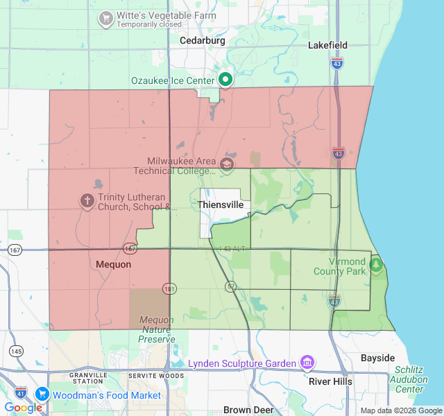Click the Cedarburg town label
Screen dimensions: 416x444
(x=203, y=41)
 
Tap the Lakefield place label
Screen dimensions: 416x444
(x=327, y=45)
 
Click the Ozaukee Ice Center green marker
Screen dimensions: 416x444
(x=225, y=80)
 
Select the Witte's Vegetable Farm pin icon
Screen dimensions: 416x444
(x=106, y=17)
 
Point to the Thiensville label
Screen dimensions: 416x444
(x=220, y=205)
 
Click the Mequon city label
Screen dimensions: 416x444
(x=113, y=264)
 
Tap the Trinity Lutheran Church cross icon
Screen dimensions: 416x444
(x=87, y=201)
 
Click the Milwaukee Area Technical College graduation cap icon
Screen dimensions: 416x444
(x=227, y=164)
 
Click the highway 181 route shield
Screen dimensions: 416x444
(x=170, y=288)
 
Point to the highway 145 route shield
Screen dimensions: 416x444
(x=17, y=352)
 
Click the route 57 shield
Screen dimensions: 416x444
(x=231, y=286)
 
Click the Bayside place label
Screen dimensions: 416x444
(x=377, y=358)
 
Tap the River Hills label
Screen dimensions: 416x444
(x=330, y=381)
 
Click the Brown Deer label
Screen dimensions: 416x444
(x=248, y=410)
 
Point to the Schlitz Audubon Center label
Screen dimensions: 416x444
(x=409, y=379)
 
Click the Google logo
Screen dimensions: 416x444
(x=23, y=408)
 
